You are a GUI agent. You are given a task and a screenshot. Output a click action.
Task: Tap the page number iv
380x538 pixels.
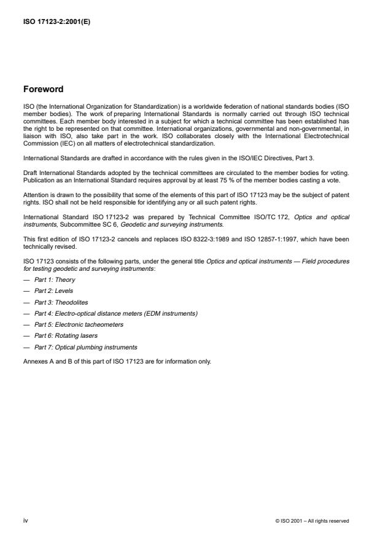25,520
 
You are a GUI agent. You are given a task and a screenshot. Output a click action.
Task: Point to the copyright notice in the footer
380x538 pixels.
312,521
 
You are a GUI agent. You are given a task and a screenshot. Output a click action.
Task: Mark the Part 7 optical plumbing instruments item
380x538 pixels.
85,347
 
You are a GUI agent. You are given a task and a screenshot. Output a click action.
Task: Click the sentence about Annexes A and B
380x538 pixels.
117,361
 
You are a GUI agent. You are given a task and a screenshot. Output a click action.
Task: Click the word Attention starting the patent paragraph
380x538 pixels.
35,195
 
